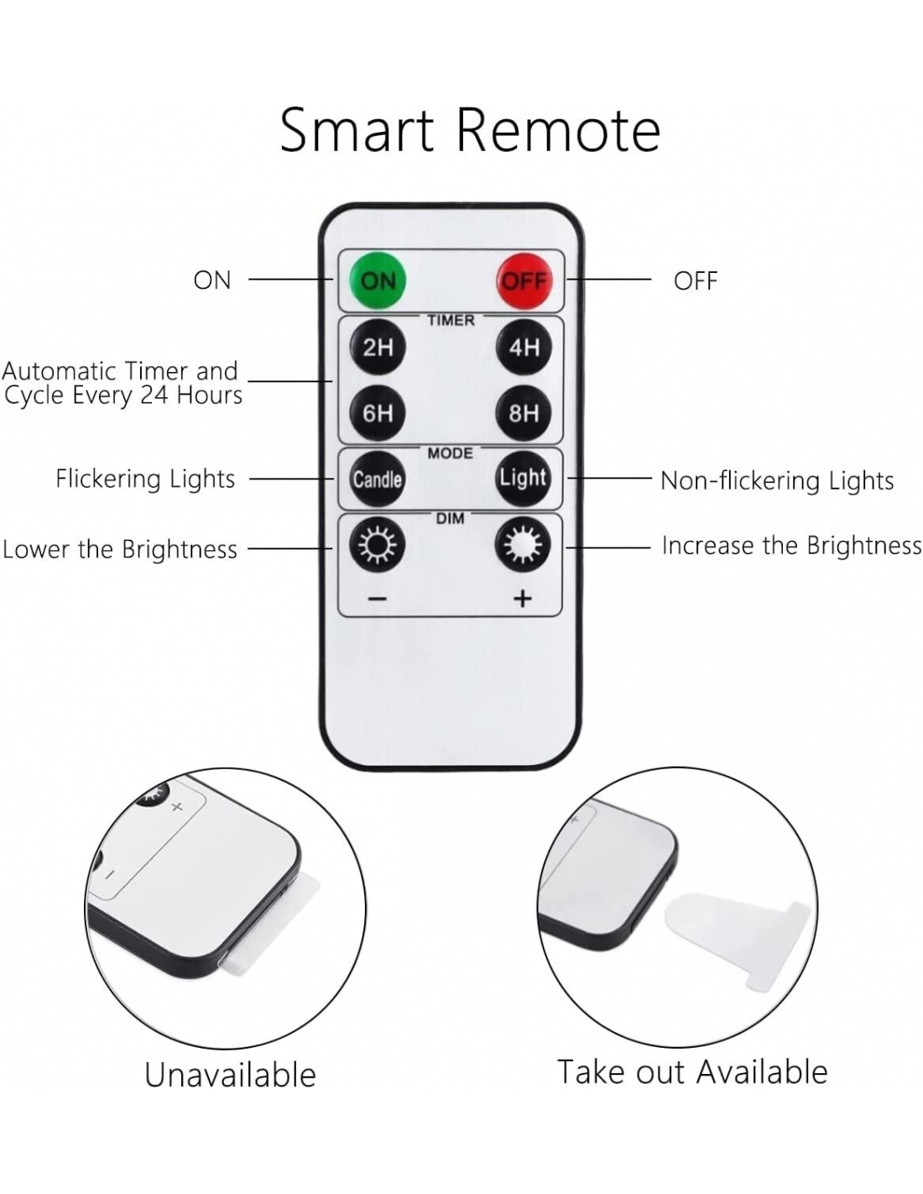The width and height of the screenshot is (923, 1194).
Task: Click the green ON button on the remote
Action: click(378, 280)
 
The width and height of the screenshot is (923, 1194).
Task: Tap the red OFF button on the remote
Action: click(524, 280)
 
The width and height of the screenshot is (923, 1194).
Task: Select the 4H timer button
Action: click(524, 347)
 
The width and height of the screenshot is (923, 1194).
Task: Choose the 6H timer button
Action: click(378, 412)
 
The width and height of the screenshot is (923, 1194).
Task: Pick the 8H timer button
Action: click(524, 412)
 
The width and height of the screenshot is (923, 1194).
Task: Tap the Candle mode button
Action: click(378, 479)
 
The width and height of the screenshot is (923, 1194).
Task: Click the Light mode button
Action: click(524, 478)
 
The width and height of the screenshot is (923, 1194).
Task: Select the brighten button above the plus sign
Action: click(523, 546)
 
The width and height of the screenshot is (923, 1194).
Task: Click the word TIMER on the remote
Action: click(451, 320)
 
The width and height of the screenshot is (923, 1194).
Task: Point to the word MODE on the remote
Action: click(451, 453)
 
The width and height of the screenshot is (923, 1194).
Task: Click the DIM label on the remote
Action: click(451, 519)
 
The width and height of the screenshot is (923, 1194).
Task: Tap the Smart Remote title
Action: click(470, 130)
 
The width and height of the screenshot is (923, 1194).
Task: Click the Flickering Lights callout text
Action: click(145, 479)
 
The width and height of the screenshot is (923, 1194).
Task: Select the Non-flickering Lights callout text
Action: click(777, 480)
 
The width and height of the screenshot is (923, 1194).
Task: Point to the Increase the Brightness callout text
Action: click(791, 546)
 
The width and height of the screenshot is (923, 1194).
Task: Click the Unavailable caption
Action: click(230, 1075)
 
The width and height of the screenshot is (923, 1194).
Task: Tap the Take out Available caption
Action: click(692, 1072)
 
